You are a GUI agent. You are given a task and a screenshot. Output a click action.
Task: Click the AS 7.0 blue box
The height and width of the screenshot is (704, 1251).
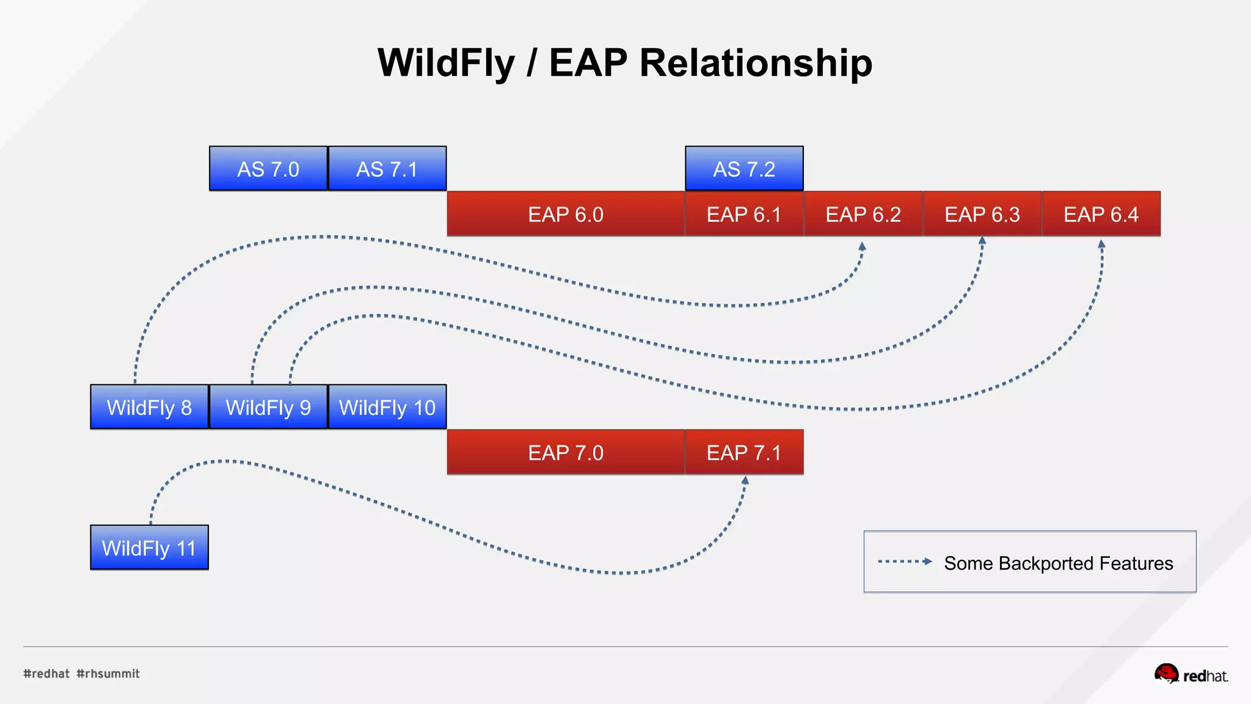coord(268,169)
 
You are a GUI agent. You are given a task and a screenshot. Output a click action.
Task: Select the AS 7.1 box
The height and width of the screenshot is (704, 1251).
coord(387,169)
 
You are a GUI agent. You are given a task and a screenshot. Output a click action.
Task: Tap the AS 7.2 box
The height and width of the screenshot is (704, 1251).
coord(744,169)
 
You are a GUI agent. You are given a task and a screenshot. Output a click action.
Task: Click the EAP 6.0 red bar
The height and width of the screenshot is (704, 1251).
coord(566,214)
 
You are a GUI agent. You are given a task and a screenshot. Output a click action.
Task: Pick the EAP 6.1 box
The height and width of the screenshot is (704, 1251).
coord(744,214)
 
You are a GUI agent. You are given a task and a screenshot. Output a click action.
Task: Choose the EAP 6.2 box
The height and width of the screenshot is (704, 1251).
coord(863,214)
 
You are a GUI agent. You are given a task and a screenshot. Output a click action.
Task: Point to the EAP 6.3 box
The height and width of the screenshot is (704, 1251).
coord(982,214)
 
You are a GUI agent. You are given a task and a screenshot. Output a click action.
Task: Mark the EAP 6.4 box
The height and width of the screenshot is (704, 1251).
coord(1101,214)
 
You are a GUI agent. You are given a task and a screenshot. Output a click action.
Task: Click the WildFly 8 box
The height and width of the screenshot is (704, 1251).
coord(149,407)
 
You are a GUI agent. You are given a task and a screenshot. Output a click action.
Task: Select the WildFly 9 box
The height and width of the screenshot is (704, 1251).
coord(268,407)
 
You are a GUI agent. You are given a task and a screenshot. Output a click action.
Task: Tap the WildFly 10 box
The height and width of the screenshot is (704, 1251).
coord(387,407)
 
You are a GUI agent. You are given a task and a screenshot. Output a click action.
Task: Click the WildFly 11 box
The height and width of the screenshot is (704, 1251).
coord(149,548)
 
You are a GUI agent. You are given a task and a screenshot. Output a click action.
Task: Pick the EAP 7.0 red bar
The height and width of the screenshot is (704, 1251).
coord(566,452)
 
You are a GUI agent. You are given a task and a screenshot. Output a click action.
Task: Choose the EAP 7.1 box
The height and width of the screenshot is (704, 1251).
coord(744,452)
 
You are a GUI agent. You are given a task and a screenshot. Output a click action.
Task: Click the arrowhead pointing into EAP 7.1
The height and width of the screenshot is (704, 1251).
coord(745,481)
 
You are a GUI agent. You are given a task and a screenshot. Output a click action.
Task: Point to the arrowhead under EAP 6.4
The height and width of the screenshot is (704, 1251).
coord(1101,244)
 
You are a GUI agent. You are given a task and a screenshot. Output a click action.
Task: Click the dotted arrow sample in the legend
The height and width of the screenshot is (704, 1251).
coord(905,562)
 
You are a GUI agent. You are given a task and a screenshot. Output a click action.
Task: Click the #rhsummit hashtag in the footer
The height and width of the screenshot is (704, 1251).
coord(108,673)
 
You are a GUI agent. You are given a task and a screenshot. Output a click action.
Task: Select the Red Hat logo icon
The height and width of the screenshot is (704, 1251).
coord(1166,673)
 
